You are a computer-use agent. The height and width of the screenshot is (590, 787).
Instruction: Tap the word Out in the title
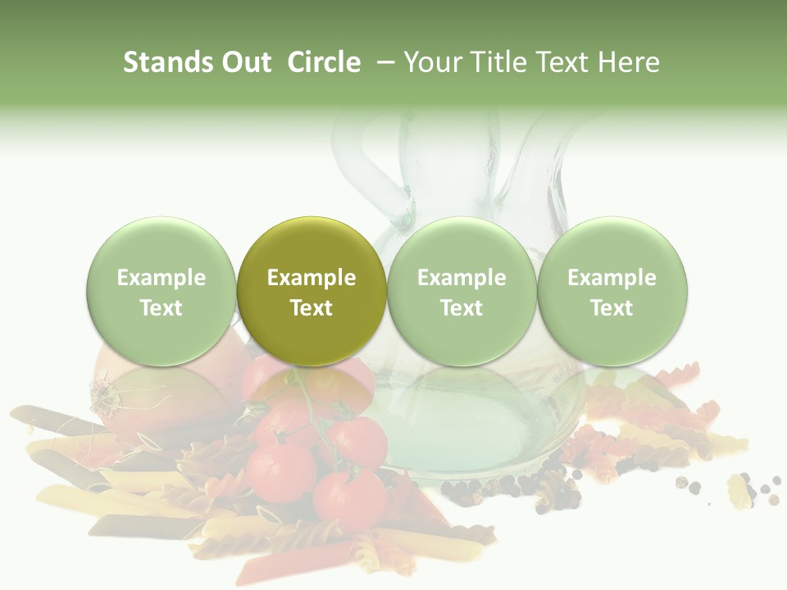tap(244, 62)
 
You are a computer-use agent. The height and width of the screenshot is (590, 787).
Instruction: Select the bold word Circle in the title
tap(324, 62)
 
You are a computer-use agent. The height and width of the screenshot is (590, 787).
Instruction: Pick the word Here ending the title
tap(629, 62)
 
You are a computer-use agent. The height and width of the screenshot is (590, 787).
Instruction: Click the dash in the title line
tap(384, 62)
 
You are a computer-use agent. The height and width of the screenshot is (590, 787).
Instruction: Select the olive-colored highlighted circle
tap(312, 292)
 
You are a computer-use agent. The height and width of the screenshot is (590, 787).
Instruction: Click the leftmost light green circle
tap(161, 292)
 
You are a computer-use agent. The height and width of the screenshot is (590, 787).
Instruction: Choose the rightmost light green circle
tap(612, 292)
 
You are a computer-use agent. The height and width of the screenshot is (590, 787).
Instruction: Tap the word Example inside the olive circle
tap(312, 278)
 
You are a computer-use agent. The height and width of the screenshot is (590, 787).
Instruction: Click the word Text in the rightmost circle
tap(612, 308)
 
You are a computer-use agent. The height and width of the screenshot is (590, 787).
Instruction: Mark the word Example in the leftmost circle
tap(161, 278)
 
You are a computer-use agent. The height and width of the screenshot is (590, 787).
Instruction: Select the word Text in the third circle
tap(462, 308)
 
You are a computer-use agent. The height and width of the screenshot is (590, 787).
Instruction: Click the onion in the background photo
tap(164, 393)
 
